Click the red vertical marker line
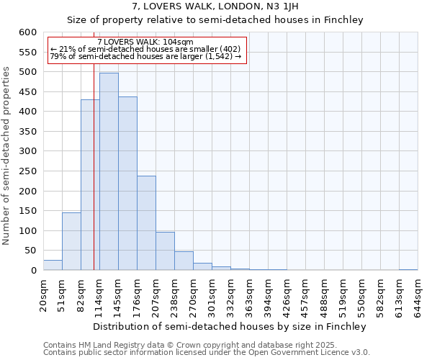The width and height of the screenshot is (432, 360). tap(94, 180)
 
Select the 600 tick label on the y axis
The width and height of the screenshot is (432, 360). tap(27, 32)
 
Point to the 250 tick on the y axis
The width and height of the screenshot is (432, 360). tap(27, 192)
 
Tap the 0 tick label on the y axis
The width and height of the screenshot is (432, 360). tap(33, 271)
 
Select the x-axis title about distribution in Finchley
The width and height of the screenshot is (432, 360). tap(230, 326)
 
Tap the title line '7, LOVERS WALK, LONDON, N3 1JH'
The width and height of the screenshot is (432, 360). tap(215, 7)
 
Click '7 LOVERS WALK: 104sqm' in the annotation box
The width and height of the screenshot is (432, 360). tap(145, 42)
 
